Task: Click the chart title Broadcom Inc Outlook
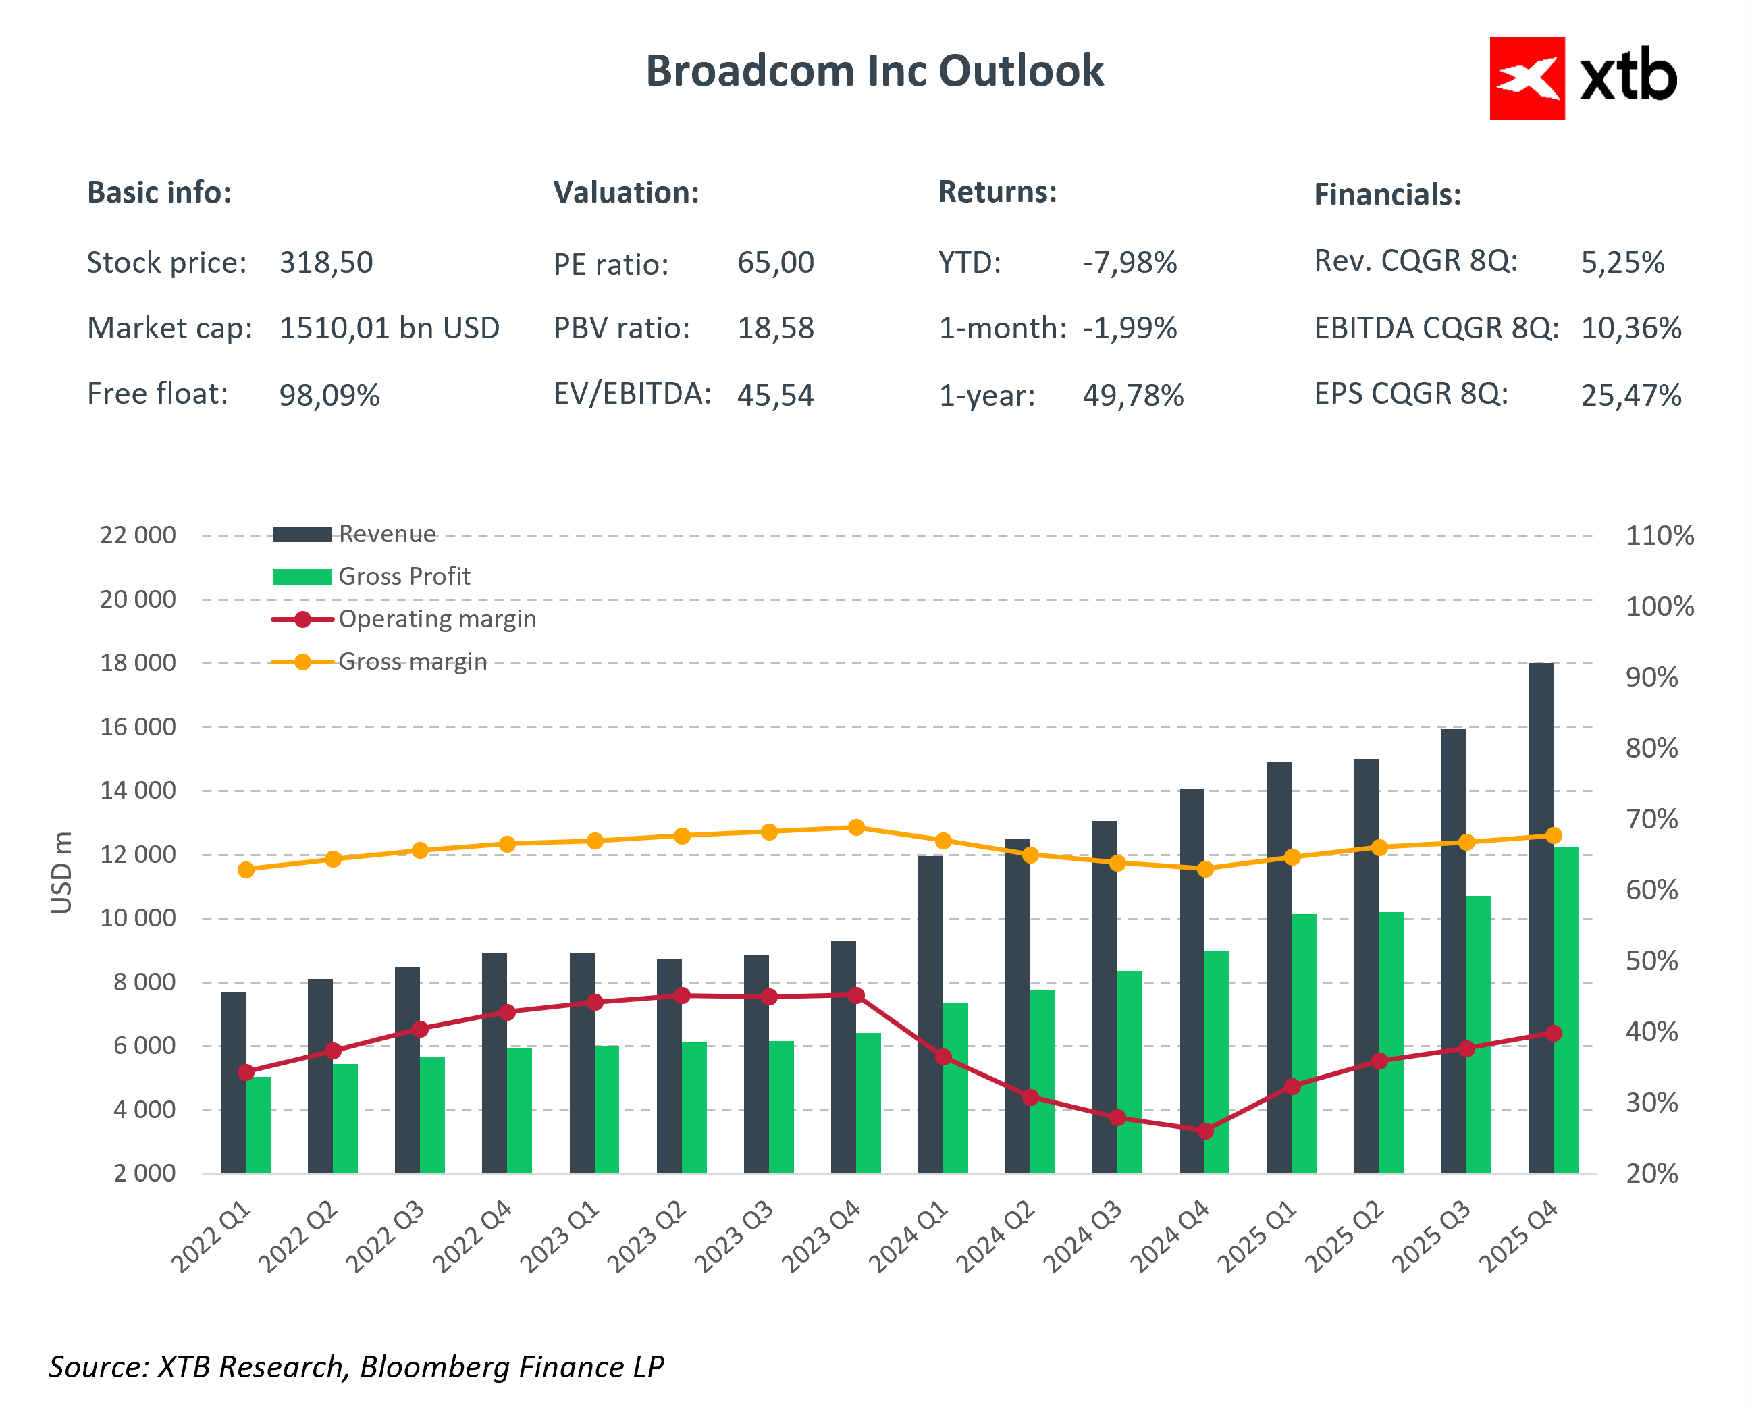874,72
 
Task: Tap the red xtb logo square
1526,79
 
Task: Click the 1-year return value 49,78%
1132,396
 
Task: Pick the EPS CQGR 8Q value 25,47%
1630,396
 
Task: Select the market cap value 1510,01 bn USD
389,329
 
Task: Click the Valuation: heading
626,193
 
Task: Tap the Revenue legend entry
386,534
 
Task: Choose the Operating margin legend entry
437,620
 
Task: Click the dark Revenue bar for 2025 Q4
1540,918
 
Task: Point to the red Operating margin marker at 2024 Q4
1204,1130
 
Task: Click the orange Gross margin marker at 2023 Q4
855,827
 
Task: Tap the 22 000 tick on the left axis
137,536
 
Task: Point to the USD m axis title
61,872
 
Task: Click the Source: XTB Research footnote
356,1366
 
